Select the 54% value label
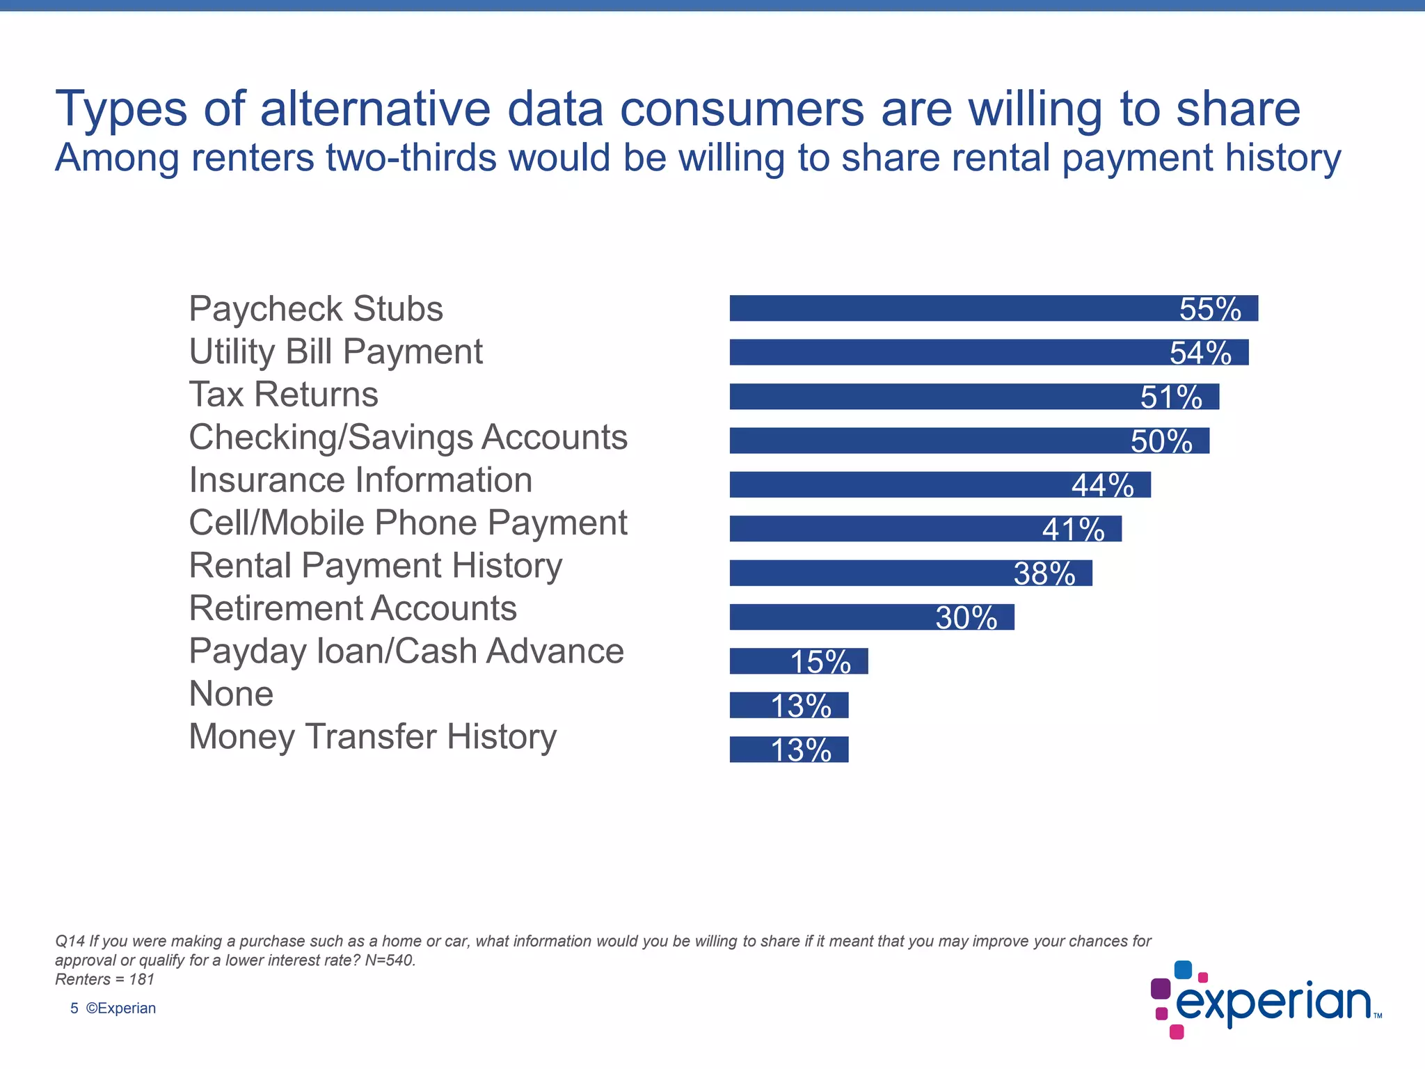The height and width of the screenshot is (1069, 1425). (1200, 353)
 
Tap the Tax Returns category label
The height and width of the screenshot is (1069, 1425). (283, 395)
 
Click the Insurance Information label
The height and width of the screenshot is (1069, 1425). (360, 480)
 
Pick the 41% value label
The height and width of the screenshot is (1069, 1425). (1073, 530)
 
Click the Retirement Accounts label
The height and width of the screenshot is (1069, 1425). (353, 608)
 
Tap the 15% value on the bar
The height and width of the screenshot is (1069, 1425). (820, 662)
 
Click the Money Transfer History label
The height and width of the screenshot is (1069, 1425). (372, 737)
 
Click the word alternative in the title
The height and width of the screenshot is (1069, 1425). (376, 109)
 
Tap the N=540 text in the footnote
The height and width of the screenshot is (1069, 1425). (390, 960)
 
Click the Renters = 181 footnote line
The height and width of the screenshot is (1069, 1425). (104, 979)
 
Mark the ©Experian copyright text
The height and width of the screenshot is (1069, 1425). (120, 1008)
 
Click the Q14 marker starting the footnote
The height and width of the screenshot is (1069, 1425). (70, 942)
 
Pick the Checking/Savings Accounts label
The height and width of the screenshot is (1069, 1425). (408, 438)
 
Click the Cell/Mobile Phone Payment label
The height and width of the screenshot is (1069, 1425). (408, 523)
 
